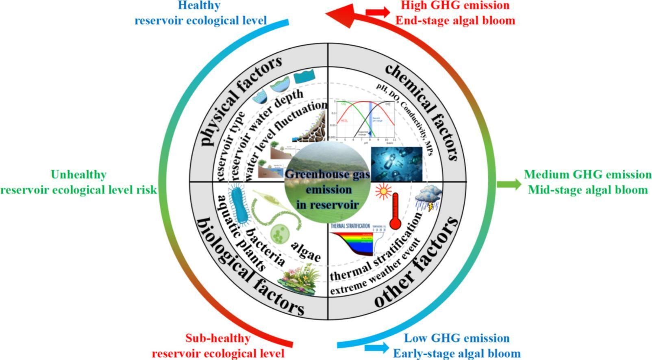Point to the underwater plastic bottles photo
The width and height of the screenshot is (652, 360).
[x=396, y=163]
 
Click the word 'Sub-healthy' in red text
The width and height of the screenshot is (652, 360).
[x=218, y=338]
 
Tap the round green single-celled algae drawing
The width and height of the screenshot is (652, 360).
[x=280, y=234]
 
